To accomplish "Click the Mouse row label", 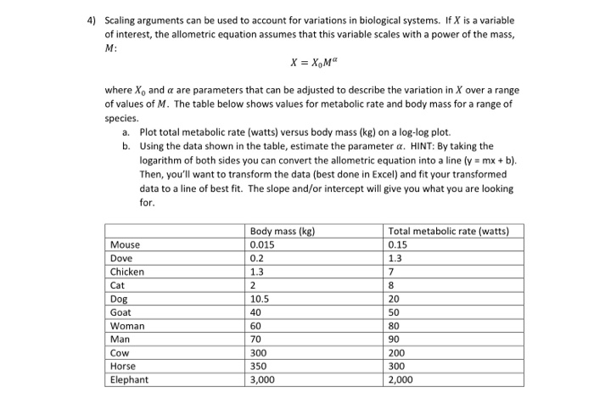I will coord(126,245).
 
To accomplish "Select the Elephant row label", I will coord(130,380).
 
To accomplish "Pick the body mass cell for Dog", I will coord(260,299).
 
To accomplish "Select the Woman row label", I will coord(128,326).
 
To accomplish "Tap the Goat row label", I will coord(122,312).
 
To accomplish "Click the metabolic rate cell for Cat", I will coord(391,285).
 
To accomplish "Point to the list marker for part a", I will coord(126,133).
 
